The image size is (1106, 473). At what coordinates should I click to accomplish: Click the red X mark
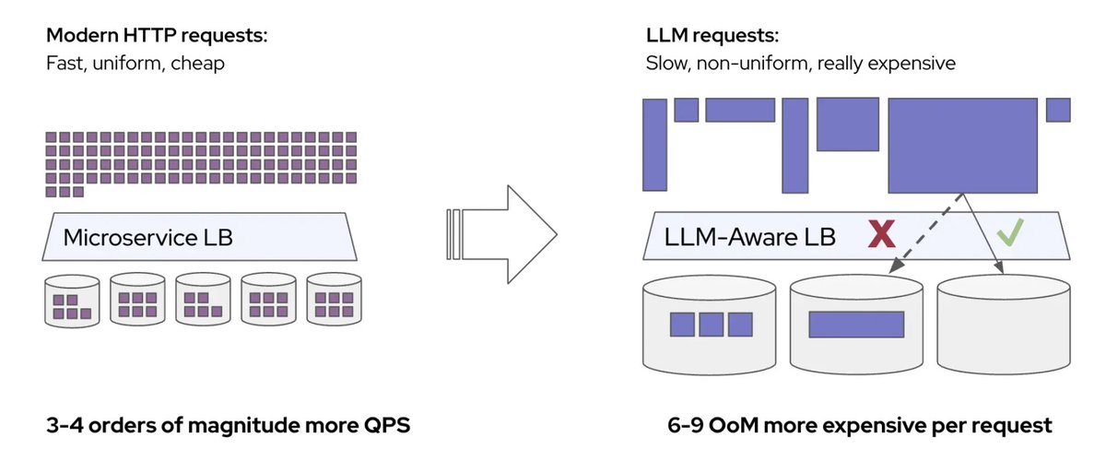coord(882,234)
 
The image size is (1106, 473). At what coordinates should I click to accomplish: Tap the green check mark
coord(1011,234)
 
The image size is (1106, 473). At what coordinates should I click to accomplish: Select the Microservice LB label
coord(147,238)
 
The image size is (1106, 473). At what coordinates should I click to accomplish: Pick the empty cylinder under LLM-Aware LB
coord(1004,323)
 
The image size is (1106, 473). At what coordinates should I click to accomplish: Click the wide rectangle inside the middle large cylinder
coord(856,325)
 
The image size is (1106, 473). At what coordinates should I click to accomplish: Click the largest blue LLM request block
coord(962,145)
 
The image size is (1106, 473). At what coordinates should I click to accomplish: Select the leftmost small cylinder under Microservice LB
coord(71,301)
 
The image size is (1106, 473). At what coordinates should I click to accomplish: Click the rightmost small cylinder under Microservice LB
coord(334,301)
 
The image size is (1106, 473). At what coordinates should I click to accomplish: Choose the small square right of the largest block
coord(1058,110)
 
